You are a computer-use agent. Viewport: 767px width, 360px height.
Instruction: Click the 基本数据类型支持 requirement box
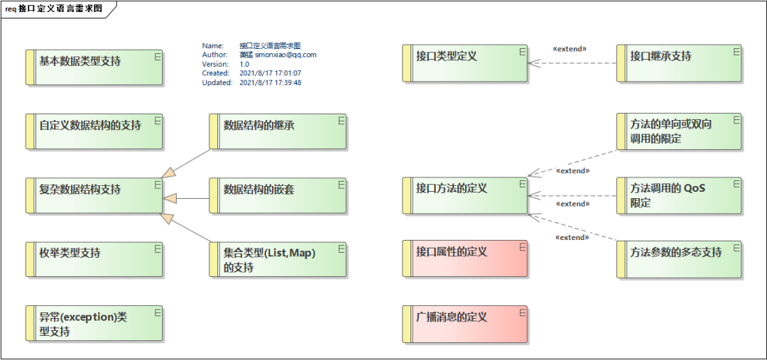(94, 67)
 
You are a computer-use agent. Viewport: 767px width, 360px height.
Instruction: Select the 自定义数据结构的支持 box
(94, 131)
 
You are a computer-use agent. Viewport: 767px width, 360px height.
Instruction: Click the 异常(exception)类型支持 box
(94, 324)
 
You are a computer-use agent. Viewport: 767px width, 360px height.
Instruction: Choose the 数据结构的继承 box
(278, 131)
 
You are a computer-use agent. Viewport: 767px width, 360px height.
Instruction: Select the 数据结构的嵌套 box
(278, 195)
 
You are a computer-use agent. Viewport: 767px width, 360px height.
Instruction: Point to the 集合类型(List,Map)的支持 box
(278, 259)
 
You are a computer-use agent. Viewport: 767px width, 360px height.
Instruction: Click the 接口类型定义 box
(465, 64)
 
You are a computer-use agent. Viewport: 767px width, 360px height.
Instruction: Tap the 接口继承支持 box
(680, 64)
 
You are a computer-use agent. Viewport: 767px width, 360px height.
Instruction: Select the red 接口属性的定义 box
(465, 258)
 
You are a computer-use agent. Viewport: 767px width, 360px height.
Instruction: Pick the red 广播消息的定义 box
(465, 324)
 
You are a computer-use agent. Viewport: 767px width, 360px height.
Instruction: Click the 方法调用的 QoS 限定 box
(680, 195)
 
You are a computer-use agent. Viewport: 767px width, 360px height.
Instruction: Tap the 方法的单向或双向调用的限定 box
(680, 131)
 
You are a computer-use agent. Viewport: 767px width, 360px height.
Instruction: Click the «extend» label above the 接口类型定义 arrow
(570, 49)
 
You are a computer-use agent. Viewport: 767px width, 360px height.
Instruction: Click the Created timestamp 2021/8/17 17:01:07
(271, 73)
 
